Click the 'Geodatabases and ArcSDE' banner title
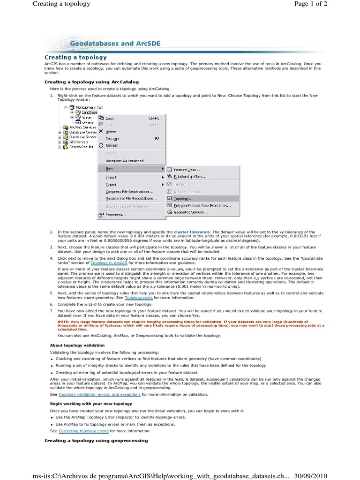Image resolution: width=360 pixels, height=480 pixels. tap(115, 44)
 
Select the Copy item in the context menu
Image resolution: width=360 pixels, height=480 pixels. tap(110, 118)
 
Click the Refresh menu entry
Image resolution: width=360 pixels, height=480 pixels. tap(112, 145)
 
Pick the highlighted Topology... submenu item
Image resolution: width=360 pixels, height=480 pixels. tap(183, 198)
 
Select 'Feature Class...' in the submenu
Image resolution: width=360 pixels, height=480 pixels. tap(187, 170)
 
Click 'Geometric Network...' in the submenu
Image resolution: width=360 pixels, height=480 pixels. tap(190, 212)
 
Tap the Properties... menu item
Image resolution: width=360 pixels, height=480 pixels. tap(115, 215)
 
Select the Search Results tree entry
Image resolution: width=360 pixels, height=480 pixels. tap(81, 147)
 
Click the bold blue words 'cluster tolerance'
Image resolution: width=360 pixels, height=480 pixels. tap(192, 232)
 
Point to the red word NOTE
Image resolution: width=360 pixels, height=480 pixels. tap(64, 322)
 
